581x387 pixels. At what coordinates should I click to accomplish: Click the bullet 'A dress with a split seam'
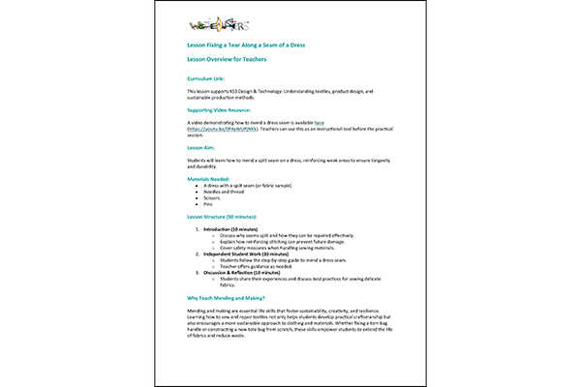[247, 187]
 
